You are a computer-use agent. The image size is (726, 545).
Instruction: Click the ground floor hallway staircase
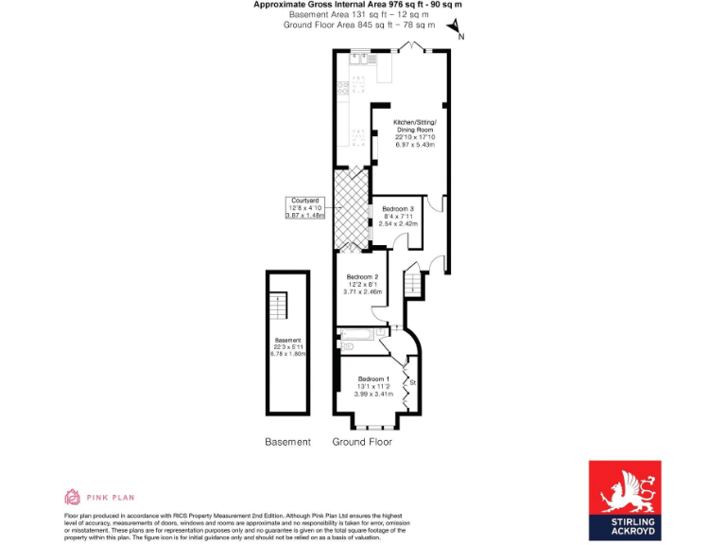click(x=414, y=283)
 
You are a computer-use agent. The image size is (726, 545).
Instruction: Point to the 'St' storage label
click(x=413, y=382)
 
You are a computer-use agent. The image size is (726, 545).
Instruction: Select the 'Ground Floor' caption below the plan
click(x=362, y=442)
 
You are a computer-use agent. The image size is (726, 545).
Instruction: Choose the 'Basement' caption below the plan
click(x=287, y=442)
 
